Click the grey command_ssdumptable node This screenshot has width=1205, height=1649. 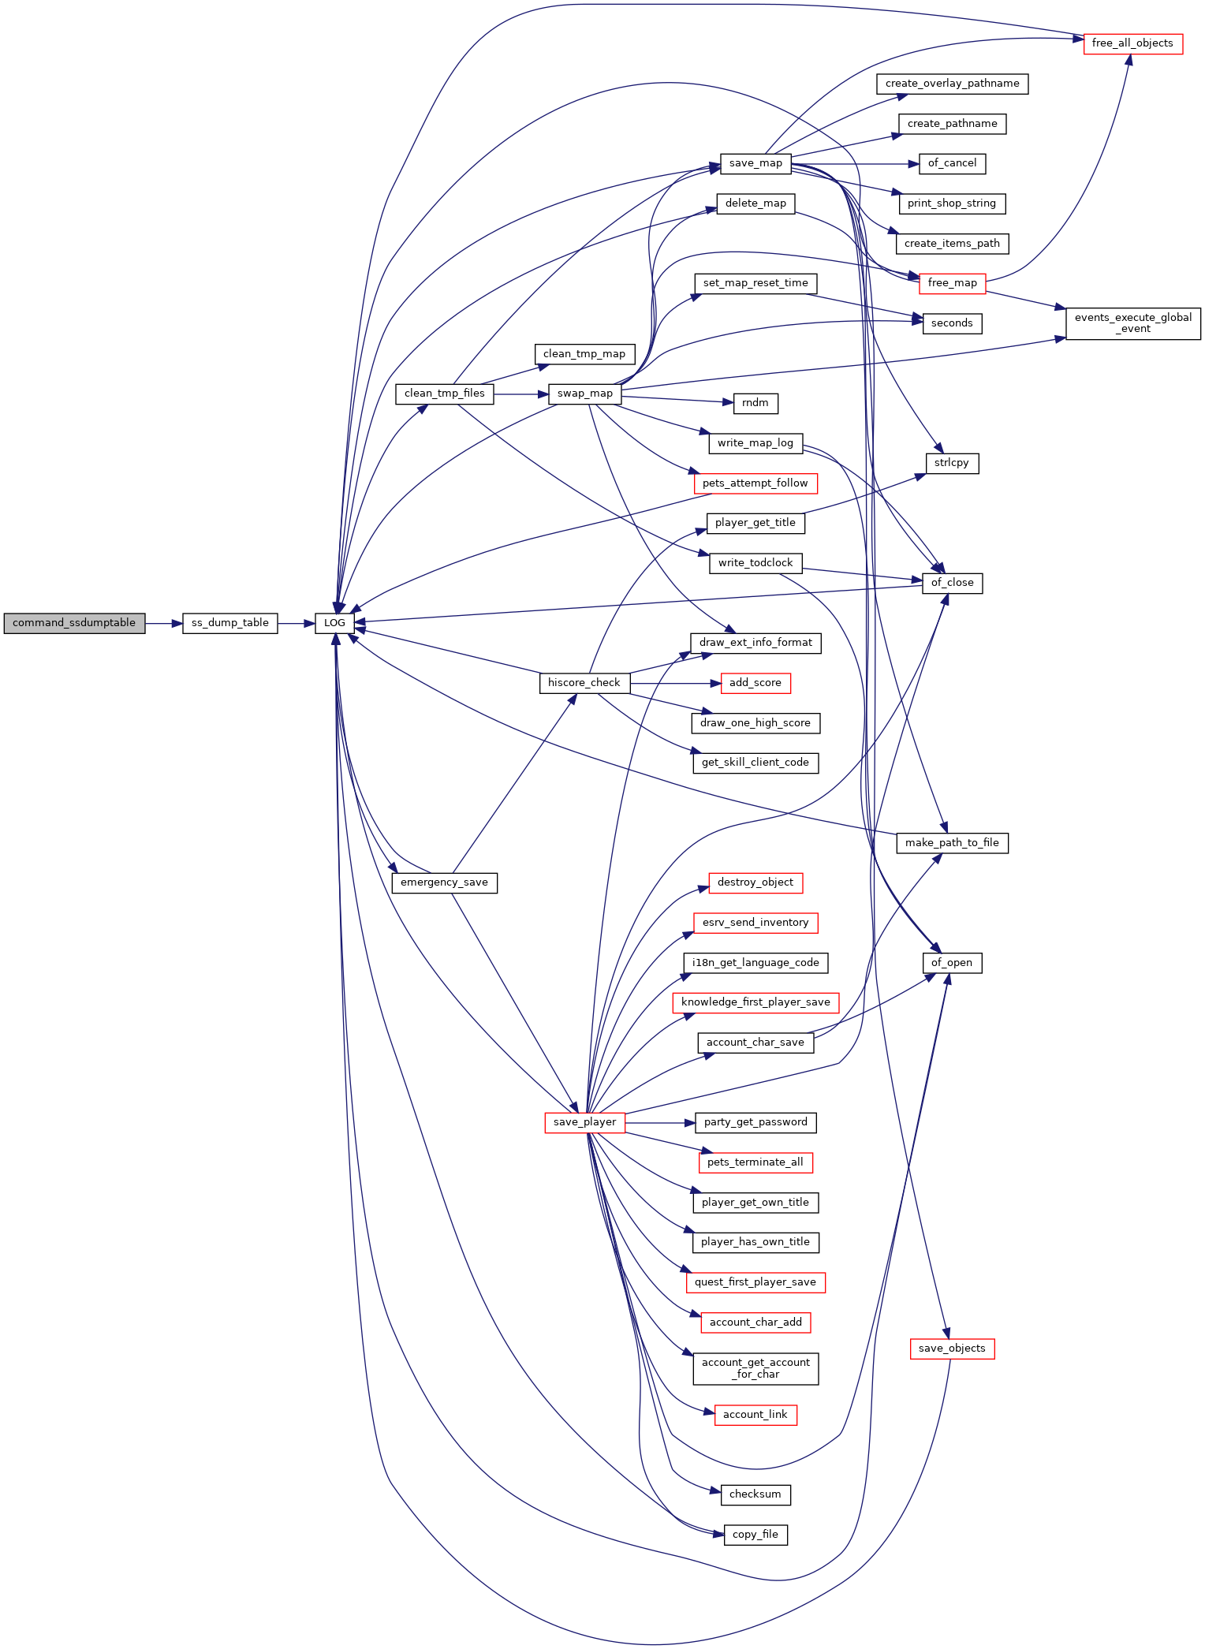(x=74, y=623)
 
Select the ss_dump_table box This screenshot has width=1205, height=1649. (x=229, y=623)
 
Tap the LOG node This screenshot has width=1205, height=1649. (x=334, y=623)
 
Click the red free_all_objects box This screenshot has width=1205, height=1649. (x=1132, y=43)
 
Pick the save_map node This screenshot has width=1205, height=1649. (x=755, y=163)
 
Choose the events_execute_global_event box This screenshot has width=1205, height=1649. (x=1133, y=323)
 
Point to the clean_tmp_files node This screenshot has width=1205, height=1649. (x=445, y=394)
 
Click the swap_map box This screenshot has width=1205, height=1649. (x=585, y=394)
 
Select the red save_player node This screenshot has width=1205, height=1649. (x=585, y=1122)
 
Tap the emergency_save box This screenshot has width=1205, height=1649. (x=445, y=882)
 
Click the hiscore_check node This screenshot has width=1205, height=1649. (x=584, y=683)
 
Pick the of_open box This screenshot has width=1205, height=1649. (x=952, y=963)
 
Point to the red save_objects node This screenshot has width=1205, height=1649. (x=952, y=1349)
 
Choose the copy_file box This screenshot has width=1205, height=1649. (x=755, y=1535)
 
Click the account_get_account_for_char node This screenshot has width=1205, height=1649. (x=755, y=1368)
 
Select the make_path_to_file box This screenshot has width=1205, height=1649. (x=952, y=843)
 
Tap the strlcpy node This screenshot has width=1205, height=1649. (x=952, y=463)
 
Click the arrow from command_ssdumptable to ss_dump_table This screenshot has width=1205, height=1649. (x=164, y=623)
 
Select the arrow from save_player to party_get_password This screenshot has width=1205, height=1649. (x=660, y=1122)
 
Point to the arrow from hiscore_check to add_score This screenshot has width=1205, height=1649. (x=675, y=683)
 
